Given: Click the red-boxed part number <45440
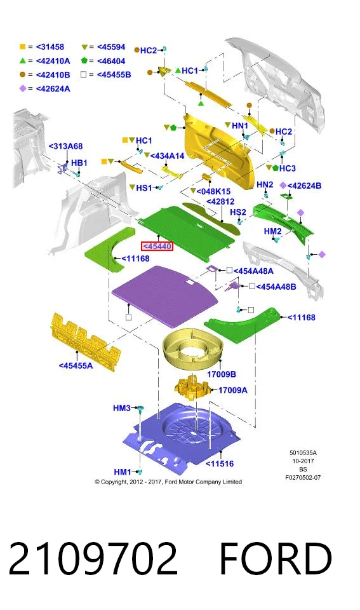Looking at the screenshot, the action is pos(157,247).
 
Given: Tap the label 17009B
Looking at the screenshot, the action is pos(221,374).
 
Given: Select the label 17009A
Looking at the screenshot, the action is pos(232,390).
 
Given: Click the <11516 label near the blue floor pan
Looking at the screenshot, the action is pos(220,463).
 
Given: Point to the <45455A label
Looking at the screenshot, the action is pos(76,365).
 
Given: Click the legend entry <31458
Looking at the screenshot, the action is pos(50,46).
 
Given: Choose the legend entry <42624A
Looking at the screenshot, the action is pos(53,89).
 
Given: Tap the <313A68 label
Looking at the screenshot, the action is pos(65,146).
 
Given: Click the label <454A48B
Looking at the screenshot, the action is pos(276,287).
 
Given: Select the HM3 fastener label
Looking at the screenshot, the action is pos(122,408).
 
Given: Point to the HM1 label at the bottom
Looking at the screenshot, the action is pos(123,472).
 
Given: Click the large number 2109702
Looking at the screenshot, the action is pos(93,559).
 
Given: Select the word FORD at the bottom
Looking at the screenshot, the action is pos(276,559).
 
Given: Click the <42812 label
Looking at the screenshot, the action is pos(220,201).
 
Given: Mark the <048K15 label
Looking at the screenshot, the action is pos(213,191).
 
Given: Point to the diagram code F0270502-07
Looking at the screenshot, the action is pos(303,477).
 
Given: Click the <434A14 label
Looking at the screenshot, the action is pos(167,156).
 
